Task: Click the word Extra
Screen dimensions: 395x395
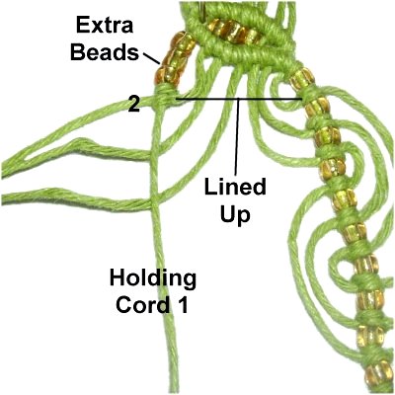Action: [x=105, y=25]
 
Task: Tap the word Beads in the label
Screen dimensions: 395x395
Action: [x=105, y=51]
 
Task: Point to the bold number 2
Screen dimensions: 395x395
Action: [x=134, y=105]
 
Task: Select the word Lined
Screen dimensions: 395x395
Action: [x=235, y=188]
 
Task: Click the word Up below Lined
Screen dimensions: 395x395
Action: [x=235, y=215]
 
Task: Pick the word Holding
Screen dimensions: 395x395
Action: [x=153, y=278]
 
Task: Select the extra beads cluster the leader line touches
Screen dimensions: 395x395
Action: [x=174, y=59]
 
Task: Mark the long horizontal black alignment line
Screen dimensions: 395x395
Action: [x=239, y=99]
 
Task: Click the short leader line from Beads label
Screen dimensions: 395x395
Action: [x=152, y=58]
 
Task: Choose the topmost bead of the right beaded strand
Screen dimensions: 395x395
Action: [x=303, y=79]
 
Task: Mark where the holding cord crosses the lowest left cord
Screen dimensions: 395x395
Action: [x=155, y=201]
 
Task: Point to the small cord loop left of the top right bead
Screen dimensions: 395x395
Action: [x=280, y=93]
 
